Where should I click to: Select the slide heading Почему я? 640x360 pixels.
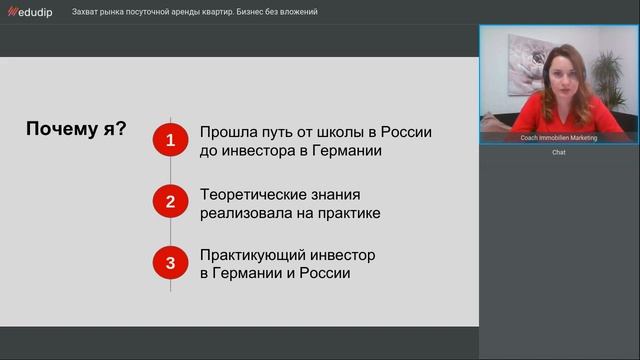(75, 130)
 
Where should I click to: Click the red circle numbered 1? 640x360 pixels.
(170, 141)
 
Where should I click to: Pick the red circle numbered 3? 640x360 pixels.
(170, 263)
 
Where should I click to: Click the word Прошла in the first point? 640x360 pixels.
(228, 132)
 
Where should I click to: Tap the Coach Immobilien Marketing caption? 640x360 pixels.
(559, 138)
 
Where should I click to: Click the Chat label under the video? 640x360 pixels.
(559, 152)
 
